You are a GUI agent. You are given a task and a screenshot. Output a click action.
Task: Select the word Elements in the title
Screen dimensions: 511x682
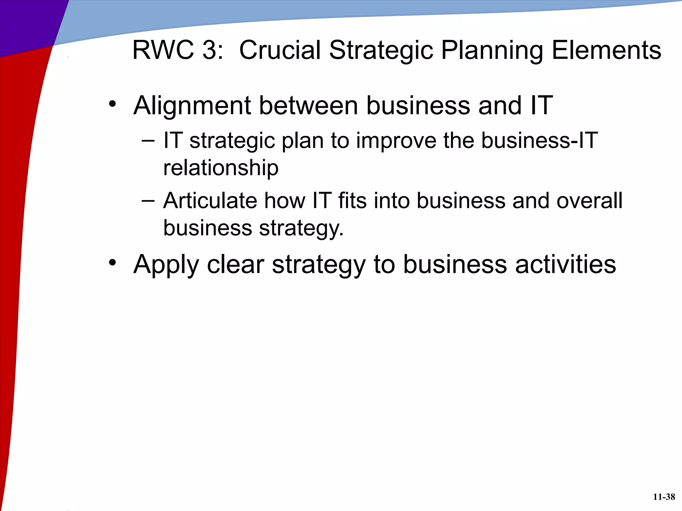pos(606,50)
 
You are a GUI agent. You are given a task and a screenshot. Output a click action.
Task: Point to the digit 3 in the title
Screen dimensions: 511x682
pos(209,50)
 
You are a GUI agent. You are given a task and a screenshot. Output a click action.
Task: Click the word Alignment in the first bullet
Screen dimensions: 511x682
pos(192,106)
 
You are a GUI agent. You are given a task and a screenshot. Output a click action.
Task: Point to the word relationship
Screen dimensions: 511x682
pos(221,168)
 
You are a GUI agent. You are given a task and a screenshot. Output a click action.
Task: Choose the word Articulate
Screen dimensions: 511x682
pos(210,201)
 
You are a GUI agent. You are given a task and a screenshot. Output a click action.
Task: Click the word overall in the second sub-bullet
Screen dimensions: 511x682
pos(589,201)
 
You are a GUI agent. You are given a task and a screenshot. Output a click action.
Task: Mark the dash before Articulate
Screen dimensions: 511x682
pos(148,201)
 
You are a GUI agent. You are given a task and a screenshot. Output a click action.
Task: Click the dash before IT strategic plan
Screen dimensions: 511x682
pos(148,141)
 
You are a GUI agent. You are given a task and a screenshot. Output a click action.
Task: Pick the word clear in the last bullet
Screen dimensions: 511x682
pos(235,264)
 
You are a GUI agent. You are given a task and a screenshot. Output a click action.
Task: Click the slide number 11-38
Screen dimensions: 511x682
pos(664,497)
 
